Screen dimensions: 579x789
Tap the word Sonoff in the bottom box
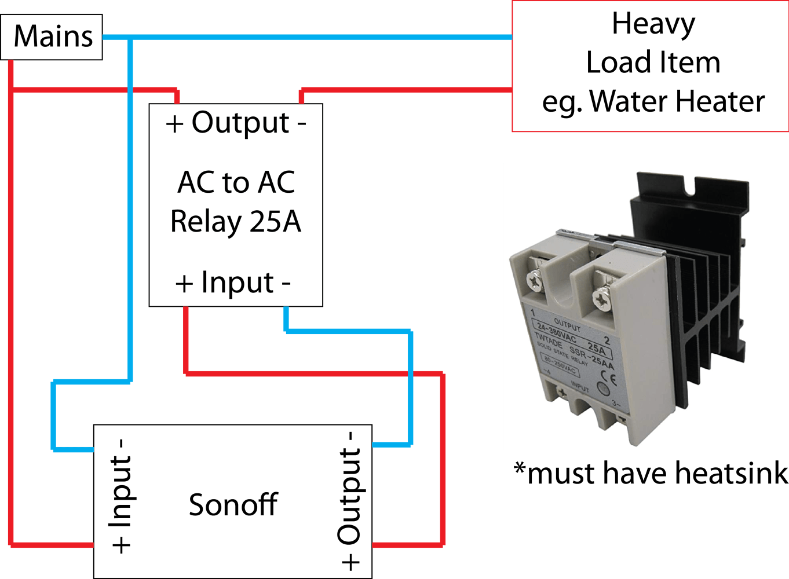tap(233, 505)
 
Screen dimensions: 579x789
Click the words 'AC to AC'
tap(236, 182)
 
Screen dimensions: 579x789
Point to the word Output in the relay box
tap(240, 123)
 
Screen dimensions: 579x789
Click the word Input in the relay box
tap(237, 283)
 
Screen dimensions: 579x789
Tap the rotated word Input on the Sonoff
tap(121, 492)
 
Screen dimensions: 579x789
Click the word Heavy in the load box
tap(653, 25)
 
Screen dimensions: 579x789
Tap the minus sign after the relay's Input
tap(286, 284)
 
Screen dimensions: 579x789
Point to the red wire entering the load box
tap(406, 90)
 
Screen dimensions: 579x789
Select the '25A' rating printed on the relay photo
tap(596, 349)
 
